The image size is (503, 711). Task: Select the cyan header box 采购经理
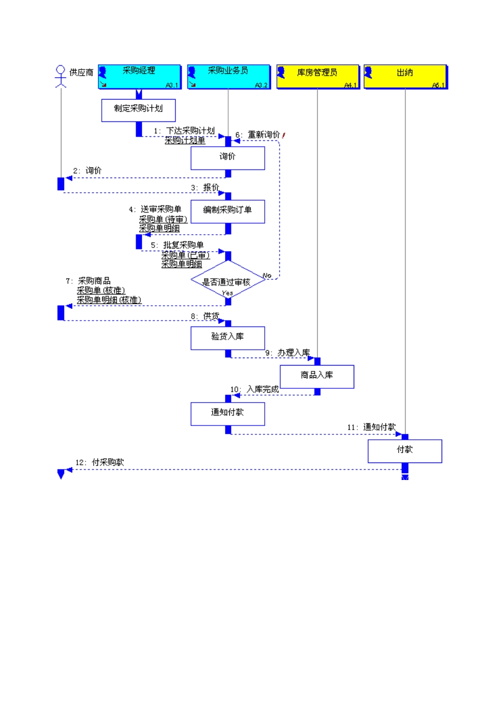click(x=139, y=77)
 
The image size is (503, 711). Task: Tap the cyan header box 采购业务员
click(x=228, y=77)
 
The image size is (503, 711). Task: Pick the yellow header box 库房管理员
click(x=318, y=77)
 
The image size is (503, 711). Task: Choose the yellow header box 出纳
click(x=405, y=77)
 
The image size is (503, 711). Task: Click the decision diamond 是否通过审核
click(x=228, y=282)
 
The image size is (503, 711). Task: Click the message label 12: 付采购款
click(x=100, y=463)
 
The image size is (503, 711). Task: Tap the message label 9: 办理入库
click(x=288, y=353)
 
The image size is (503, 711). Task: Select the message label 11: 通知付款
click(x=372, y=427)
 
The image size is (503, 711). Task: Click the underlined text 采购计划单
click(x=185, y=140)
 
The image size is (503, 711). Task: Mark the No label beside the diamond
click(x=267, y=275)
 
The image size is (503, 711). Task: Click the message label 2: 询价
click(x=87, y=171)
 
